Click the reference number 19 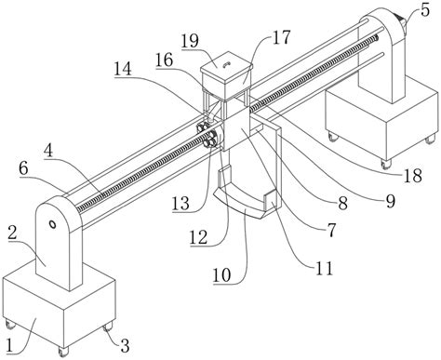[x=190, y=40]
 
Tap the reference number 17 [x=281, y=37]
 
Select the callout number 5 [x=425, y=10]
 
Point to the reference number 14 [x=123, y=69]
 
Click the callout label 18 [x=413, y=176]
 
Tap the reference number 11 [x=325, y=268]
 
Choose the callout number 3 [x=125, y=345]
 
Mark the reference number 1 [x=10, y=345]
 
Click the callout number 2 [x=13, y=233]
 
